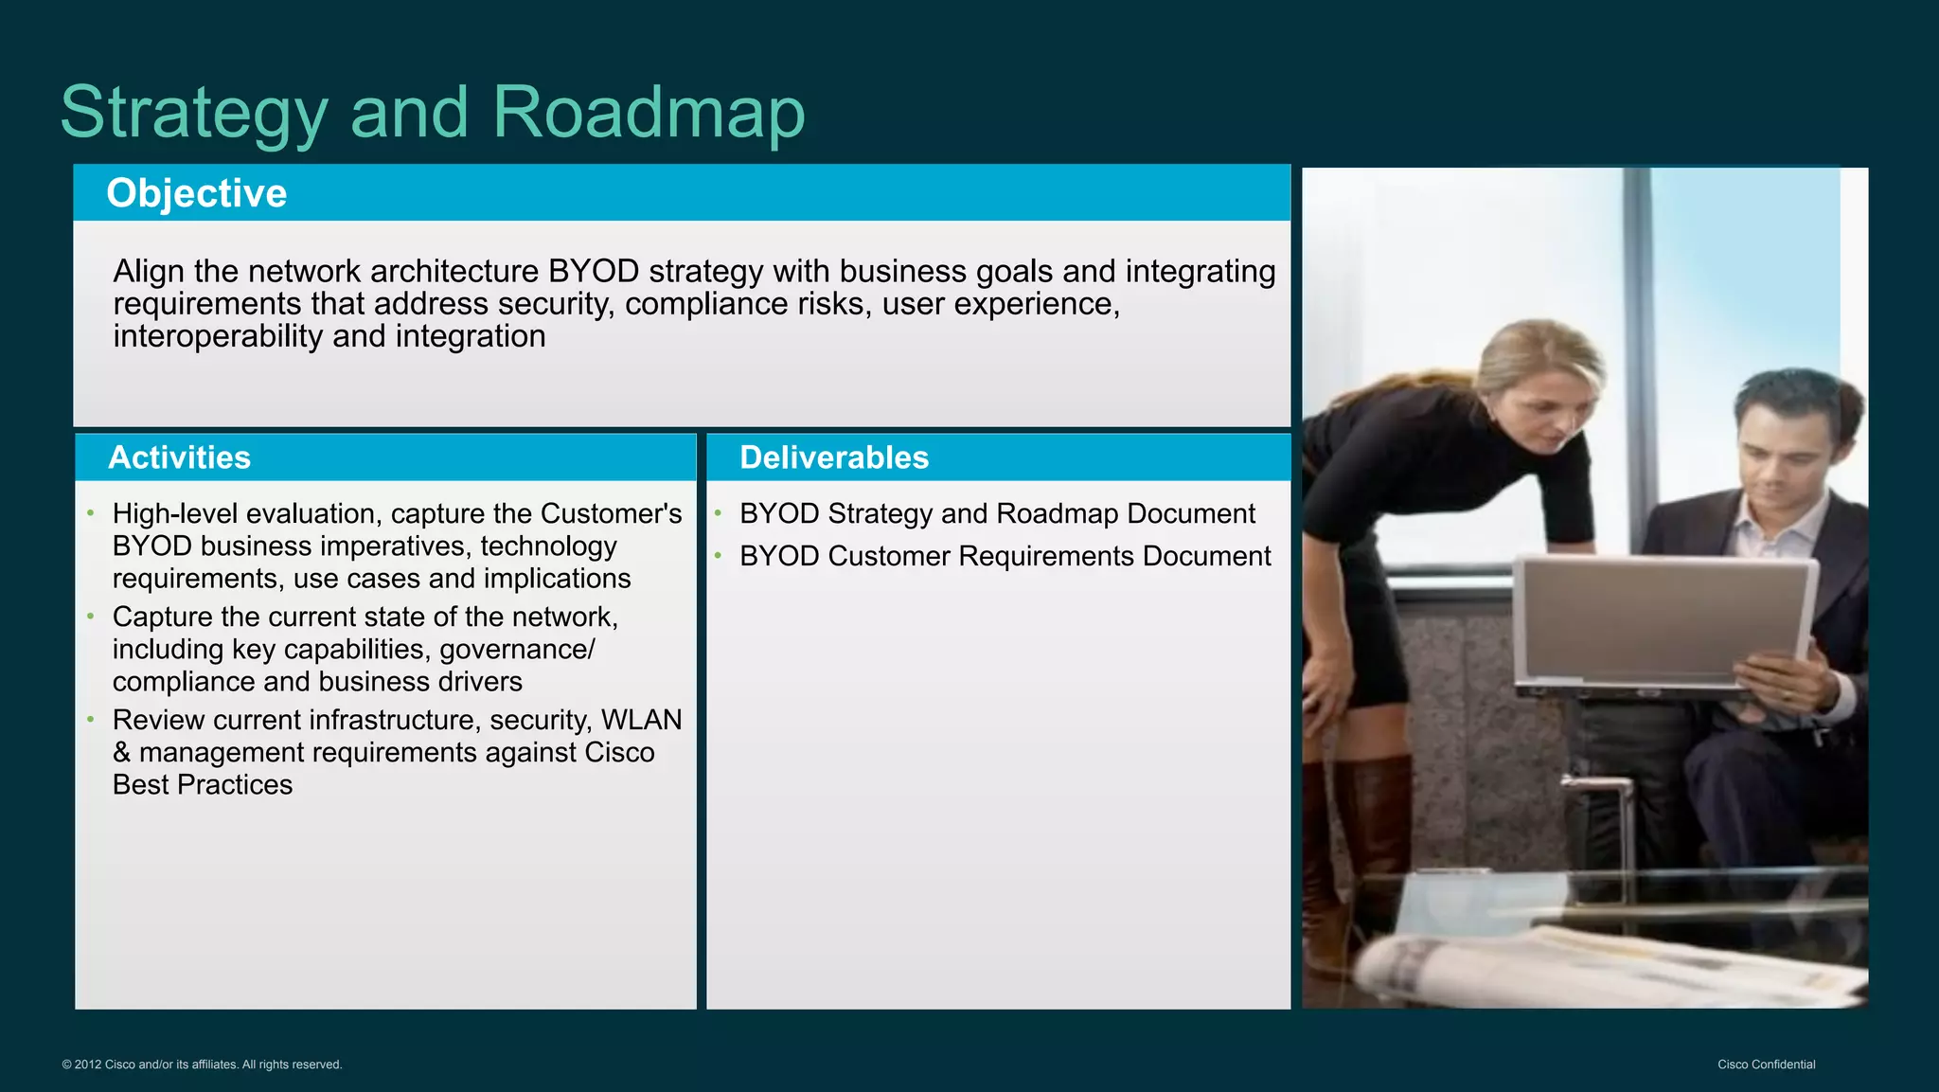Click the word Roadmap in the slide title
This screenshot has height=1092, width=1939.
click(x=649, y=112)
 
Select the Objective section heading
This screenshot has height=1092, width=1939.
click(x=196, y=193)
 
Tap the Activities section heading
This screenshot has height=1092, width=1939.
click(x=179, y=457)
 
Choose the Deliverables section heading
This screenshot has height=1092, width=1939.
click(x=833, y=457)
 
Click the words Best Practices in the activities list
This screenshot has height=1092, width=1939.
click(x=202, y=785)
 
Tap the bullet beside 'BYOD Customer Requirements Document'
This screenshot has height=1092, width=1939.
click(x=719, y=555)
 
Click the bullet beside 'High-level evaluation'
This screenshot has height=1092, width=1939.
click(x=91, y=512)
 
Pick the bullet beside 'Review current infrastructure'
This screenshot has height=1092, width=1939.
click(x=91, y=719)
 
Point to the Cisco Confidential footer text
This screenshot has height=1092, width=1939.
click(x=1766, y=1065)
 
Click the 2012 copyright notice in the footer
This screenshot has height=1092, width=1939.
click(x=202, y=1065)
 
